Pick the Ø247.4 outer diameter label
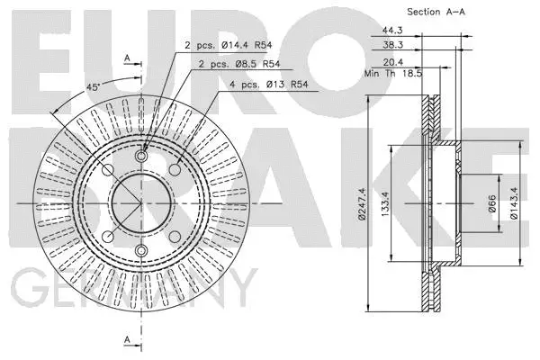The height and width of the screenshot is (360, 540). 362,202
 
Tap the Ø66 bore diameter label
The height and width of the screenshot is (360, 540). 492,202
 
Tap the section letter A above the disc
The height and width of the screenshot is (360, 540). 127,58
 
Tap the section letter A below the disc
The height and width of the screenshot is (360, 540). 127,339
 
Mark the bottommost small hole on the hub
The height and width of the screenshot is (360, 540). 141,250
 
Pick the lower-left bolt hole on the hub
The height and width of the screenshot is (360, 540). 107,236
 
